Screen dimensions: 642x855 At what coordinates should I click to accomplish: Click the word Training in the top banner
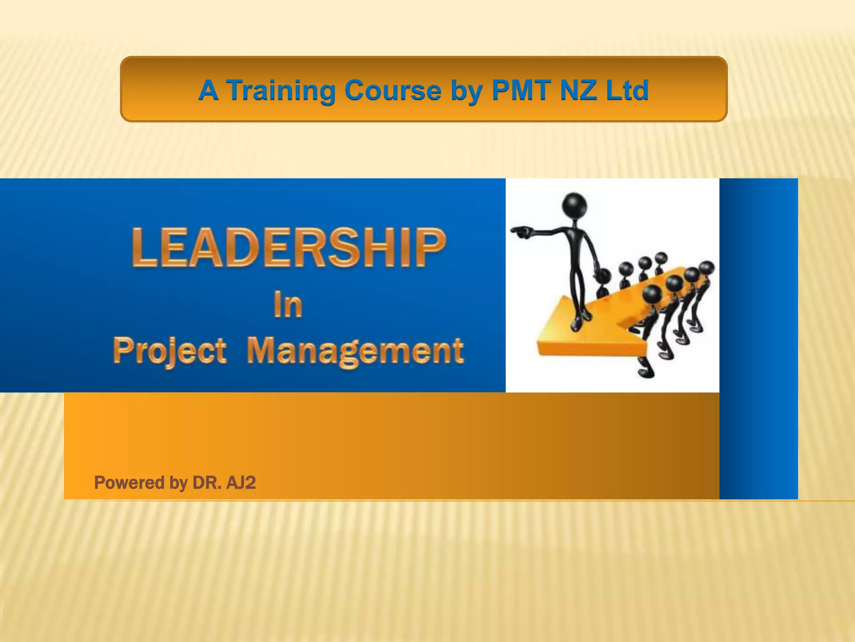click(281, 90)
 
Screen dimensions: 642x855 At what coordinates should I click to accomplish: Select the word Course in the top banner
click(393, 90)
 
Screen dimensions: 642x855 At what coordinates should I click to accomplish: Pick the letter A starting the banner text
click(208, 90)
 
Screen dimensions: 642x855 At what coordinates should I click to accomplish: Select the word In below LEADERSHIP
click(288, 305)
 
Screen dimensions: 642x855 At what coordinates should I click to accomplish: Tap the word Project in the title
click(169, 351)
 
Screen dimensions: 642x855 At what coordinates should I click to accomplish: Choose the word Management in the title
click(355, 351)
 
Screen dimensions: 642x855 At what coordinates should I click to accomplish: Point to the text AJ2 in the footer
click(241, 483)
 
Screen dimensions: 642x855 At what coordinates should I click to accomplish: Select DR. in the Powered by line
click(207, 483)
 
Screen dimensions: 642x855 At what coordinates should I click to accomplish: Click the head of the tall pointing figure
click(574, 205)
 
